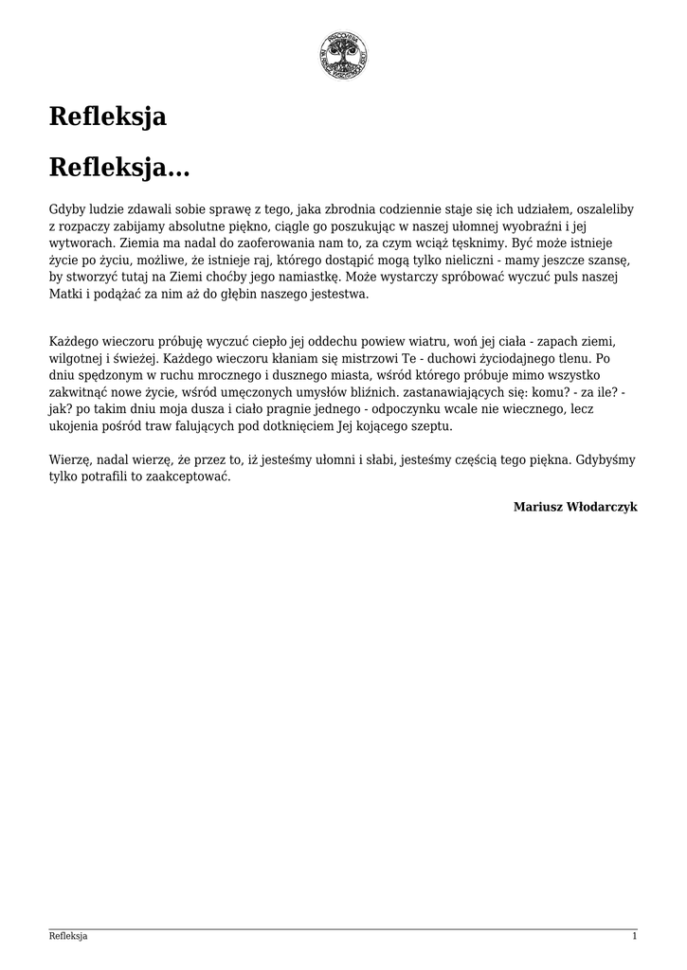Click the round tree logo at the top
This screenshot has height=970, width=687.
[343, 55]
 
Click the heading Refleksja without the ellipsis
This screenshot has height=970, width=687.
[108, 117]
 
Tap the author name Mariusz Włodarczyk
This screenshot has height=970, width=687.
[575, 507]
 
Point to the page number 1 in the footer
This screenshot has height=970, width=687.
[634, 937]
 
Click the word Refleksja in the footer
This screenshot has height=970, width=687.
[68, 937]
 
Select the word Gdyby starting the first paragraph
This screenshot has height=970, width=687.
[66, 208]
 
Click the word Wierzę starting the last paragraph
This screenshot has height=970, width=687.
[70, 460]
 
